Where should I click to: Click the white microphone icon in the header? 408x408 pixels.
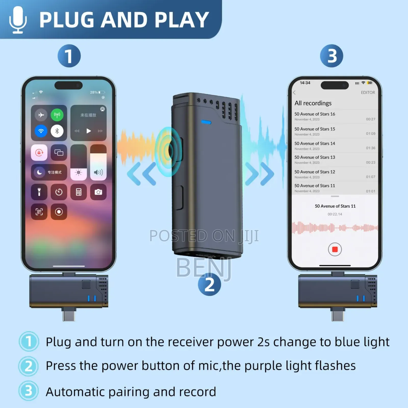click(18, 20)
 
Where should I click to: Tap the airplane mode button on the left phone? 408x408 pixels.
click(41, 115)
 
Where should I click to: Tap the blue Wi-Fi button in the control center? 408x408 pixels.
click(41, 131)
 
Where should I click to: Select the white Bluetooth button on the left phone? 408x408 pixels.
click(57, 131)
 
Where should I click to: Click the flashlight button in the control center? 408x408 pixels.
click(39, 192)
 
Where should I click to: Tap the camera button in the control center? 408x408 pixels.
click(98, 192)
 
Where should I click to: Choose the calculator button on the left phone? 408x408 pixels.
click(79, 192)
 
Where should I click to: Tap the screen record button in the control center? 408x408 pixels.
click(59, 212)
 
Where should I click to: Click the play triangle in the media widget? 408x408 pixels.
click(88, 131)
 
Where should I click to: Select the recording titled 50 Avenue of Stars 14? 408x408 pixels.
click(315, 144)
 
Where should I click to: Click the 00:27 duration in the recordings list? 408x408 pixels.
click(371, 119)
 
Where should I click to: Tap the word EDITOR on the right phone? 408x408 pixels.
click(368, 93)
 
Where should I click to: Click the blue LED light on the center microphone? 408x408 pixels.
click(206, 122)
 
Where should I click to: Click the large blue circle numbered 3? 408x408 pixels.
click(331, 56)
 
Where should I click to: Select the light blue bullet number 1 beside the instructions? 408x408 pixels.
click(29, 341)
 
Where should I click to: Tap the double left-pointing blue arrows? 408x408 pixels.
click(142, 174)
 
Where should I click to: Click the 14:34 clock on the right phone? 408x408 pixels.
click(305, 83)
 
